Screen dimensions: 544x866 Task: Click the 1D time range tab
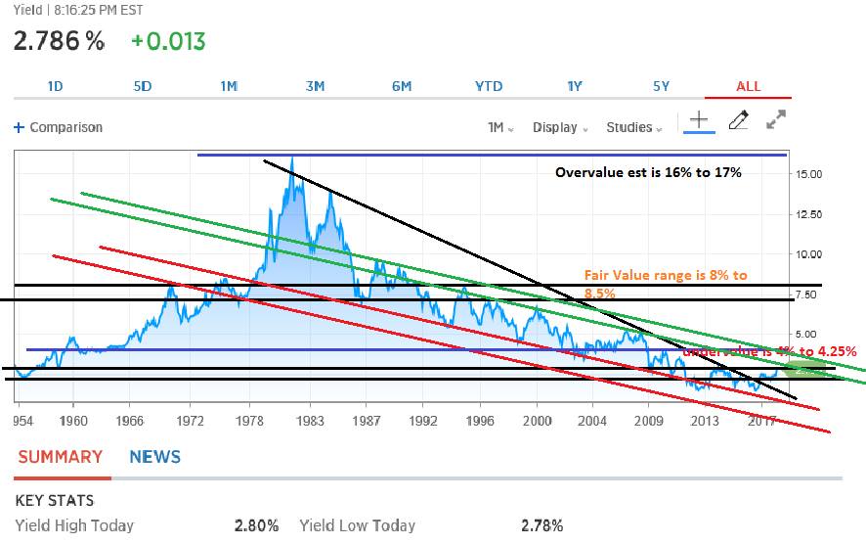tap(55, 86)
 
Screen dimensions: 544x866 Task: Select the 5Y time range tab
tap(662, 86)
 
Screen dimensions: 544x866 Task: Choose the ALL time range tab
tap(748, 86)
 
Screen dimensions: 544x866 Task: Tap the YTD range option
tap(488, 86)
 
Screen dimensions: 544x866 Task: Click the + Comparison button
tap(58, 127)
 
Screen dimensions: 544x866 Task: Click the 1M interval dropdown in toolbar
tap(500, 127)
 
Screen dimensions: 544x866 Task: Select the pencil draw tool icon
tap(739, 120)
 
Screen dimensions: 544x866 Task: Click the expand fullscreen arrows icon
tap(776, 120)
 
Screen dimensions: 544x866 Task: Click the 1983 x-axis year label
tap(311, 423)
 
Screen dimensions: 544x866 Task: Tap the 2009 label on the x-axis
tap(649, 423)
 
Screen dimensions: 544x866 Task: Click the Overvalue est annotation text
tap(648, 172)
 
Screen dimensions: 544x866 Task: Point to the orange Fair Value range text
tap(665, 284)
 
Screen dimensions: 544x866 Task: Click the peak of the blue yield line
tap(292, 159)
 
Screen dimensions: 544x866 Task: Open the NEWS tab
tap(154, 457)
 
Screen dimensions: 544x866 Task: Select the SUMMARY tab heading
tap(60, 457)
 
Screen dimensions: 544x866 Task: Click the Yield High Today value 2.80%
tap(256, 525)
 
